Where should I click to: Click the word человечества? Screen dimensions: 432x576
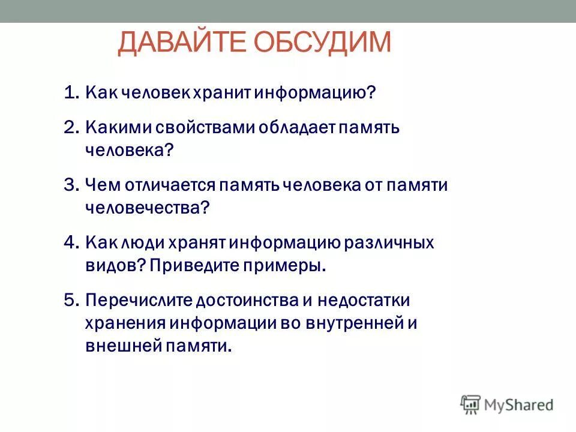pos(147,208)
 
